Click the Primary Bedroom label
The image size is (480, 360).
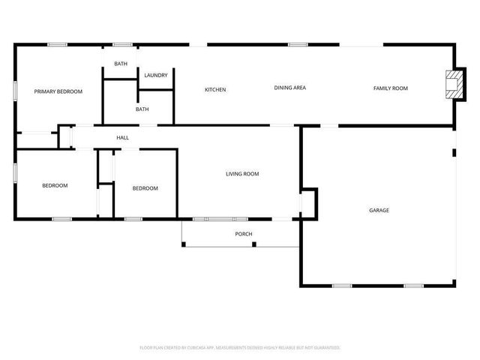(x=58, y=91)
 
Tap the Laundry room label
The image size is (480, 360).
(x=156, y=75)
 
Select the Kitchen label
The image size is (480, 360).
(x=215, y=90)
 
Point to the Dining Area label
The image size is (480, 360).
(x=289, y=88)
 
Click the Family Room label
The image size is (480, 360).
(x=391, y=88)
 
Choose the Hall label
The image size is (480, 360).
(x=122, y=138)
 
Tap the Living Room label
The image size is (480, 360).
(x=242, y=174)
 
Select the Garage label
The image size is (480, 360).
(x=379, y=210)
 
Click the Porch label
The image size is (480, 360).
(x=244, y=234)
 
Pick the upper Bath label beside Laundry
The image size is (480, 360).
(x=121, y=64)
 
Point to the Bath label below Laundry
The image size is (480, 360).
(x=142, y=109)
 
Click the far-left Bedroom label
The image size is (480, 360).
(x=55, y=186)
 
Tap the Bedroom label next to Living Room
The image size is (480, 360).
(x=145, y=188)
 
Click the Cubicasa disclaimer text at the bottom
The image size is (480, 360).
(x=240, y=347)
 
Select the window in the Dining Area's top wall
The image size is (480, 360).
(x=298, y=44)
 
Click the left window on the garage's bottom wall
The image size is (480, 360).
(x=342, y=286)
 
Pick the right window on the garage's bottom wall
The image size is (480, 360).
(x=413, y=286)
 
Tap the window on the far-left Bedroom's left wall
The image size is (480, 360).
(x=15, y=172)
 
